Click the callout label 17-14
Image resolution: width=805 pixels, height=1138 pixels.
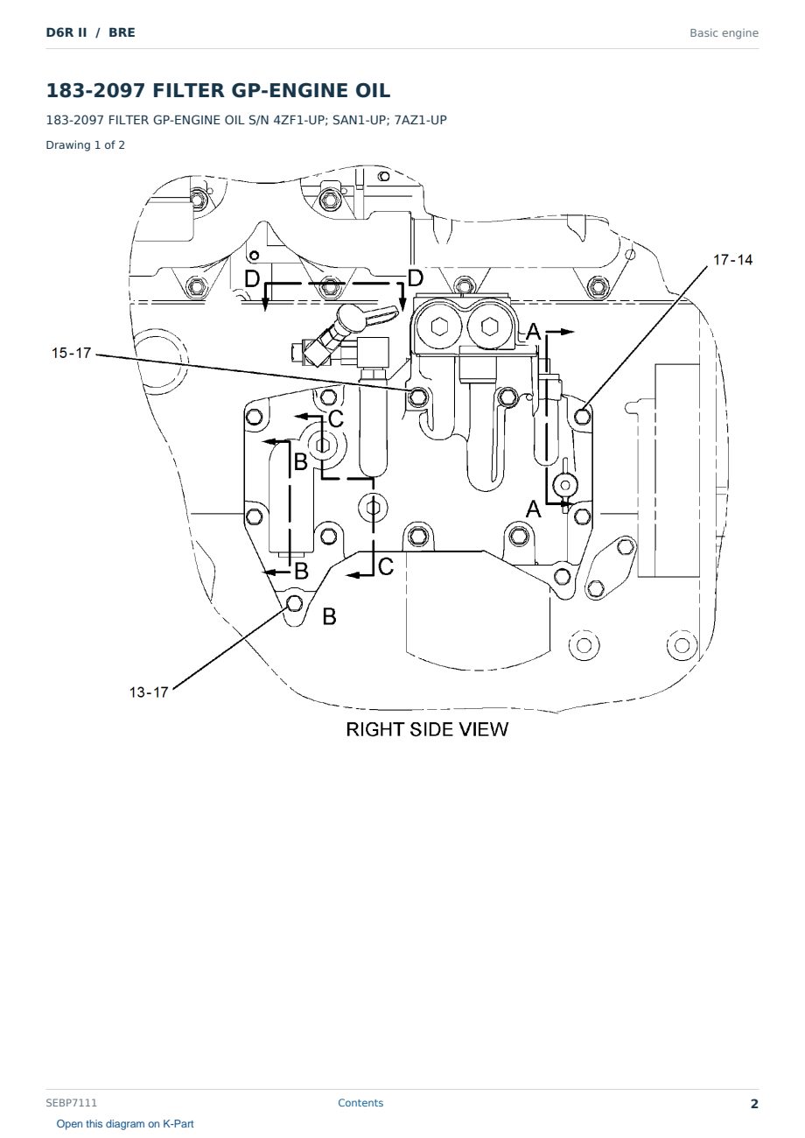[x=732, y=260]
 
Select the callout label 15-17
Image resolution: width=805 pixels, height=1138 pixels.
[x=71, y=353]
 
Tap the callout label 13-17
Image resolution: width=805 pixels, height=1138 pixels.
[x=148, y=692]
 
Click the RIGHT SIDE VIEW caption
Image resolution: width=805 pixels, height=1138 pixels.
[x=427, y=729]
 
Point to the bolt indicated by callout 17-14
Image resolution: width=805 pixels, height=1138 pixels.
[x=582, y=417]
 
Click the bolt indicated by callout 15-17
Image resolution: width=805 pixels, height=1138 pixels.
[x=417, y=397]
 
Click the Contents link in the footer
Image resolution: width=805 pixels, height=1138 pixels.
[x=360, y=1102]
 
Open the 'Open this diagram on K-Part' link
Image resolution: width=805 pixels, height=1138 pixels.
[x=125, y=1124]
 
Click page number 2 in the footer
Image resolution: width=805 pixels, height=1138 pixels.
[x=754, y=1104]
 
